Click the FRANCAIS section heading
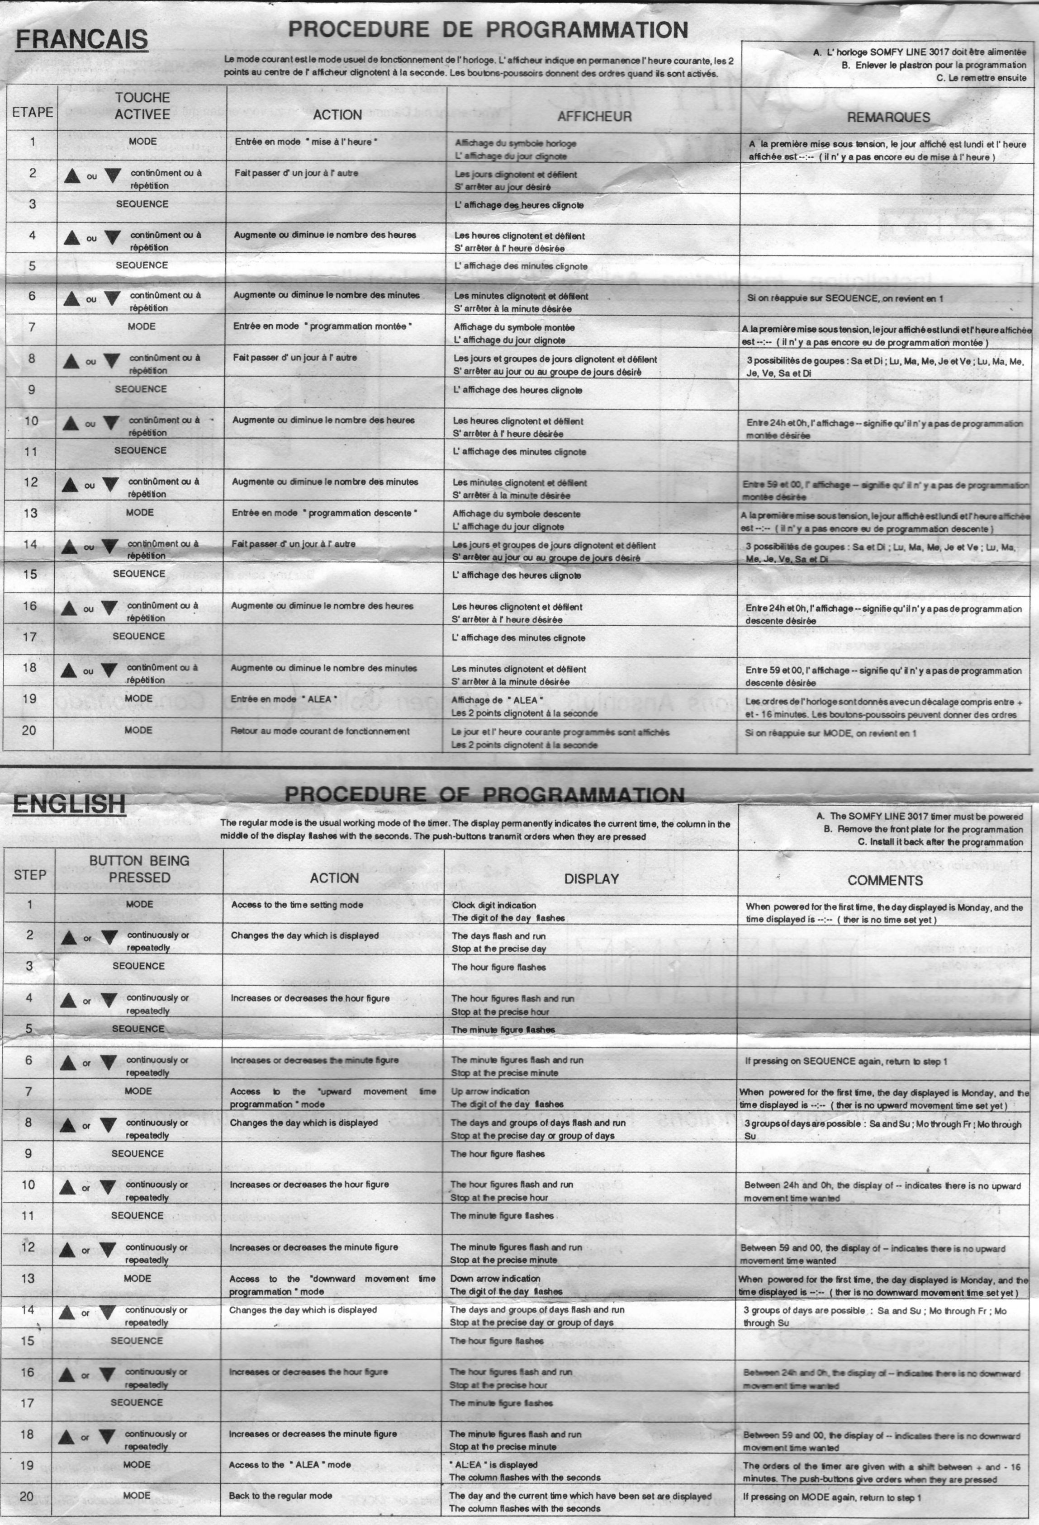pyautogui.click(x=81, y=39)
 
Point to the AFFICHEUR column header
pyautogui.click(x=594, y=117)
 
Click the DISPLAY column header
pyautogui.click(x=591, y=878)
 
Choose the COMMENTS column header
pyautogui.click(x=885, y=881)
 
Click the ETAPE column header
pyautogui.click(x=32, y=112)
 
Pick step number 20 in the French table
pyautogui.click(x=29, y=730)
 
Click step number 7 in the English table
pyautogui.click(x=28, y=1091)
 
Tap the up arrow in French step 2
pyautogui.click(x=71, y=176)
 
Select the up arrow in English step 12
pyautogui.click(x=67, y=1249)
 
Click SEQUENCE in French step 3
pyautogui.click(x=142, y=204)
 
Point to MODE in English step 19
pyautogui.click(x=137, y=1464)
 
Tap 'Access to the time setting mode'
pyautogui.click(x=297, y=905)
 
